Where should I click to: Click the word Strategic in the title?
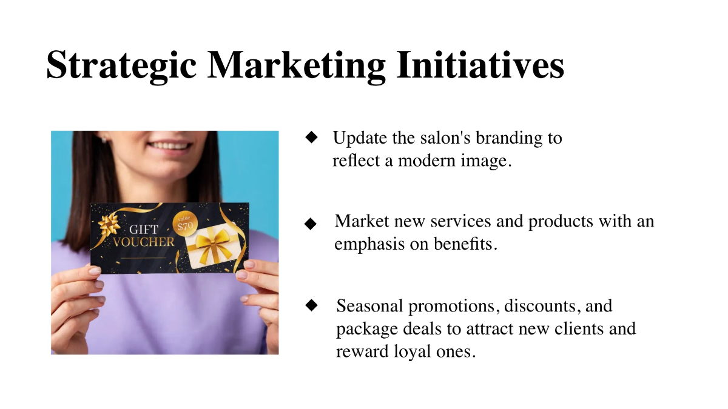pyautogui.click(x=121, y=65)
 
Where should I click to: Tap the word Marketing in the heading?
pyautogui.click(x=297, y=65)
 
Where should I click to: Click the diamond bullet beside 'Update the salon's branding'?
pyautogui.click(x=312, y=138)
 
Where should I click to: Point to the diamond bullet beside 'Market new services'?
pyautogui.click(x=311, y=224)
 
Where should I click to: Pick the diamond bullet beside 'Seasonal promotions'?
pyautogui.click(x=312, y=305)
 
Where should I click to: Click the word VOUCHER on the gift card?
pyautogui.click(x=144, y=242)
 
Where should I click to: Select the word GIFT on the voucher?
pyautogui.click(x=144, y=229)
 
